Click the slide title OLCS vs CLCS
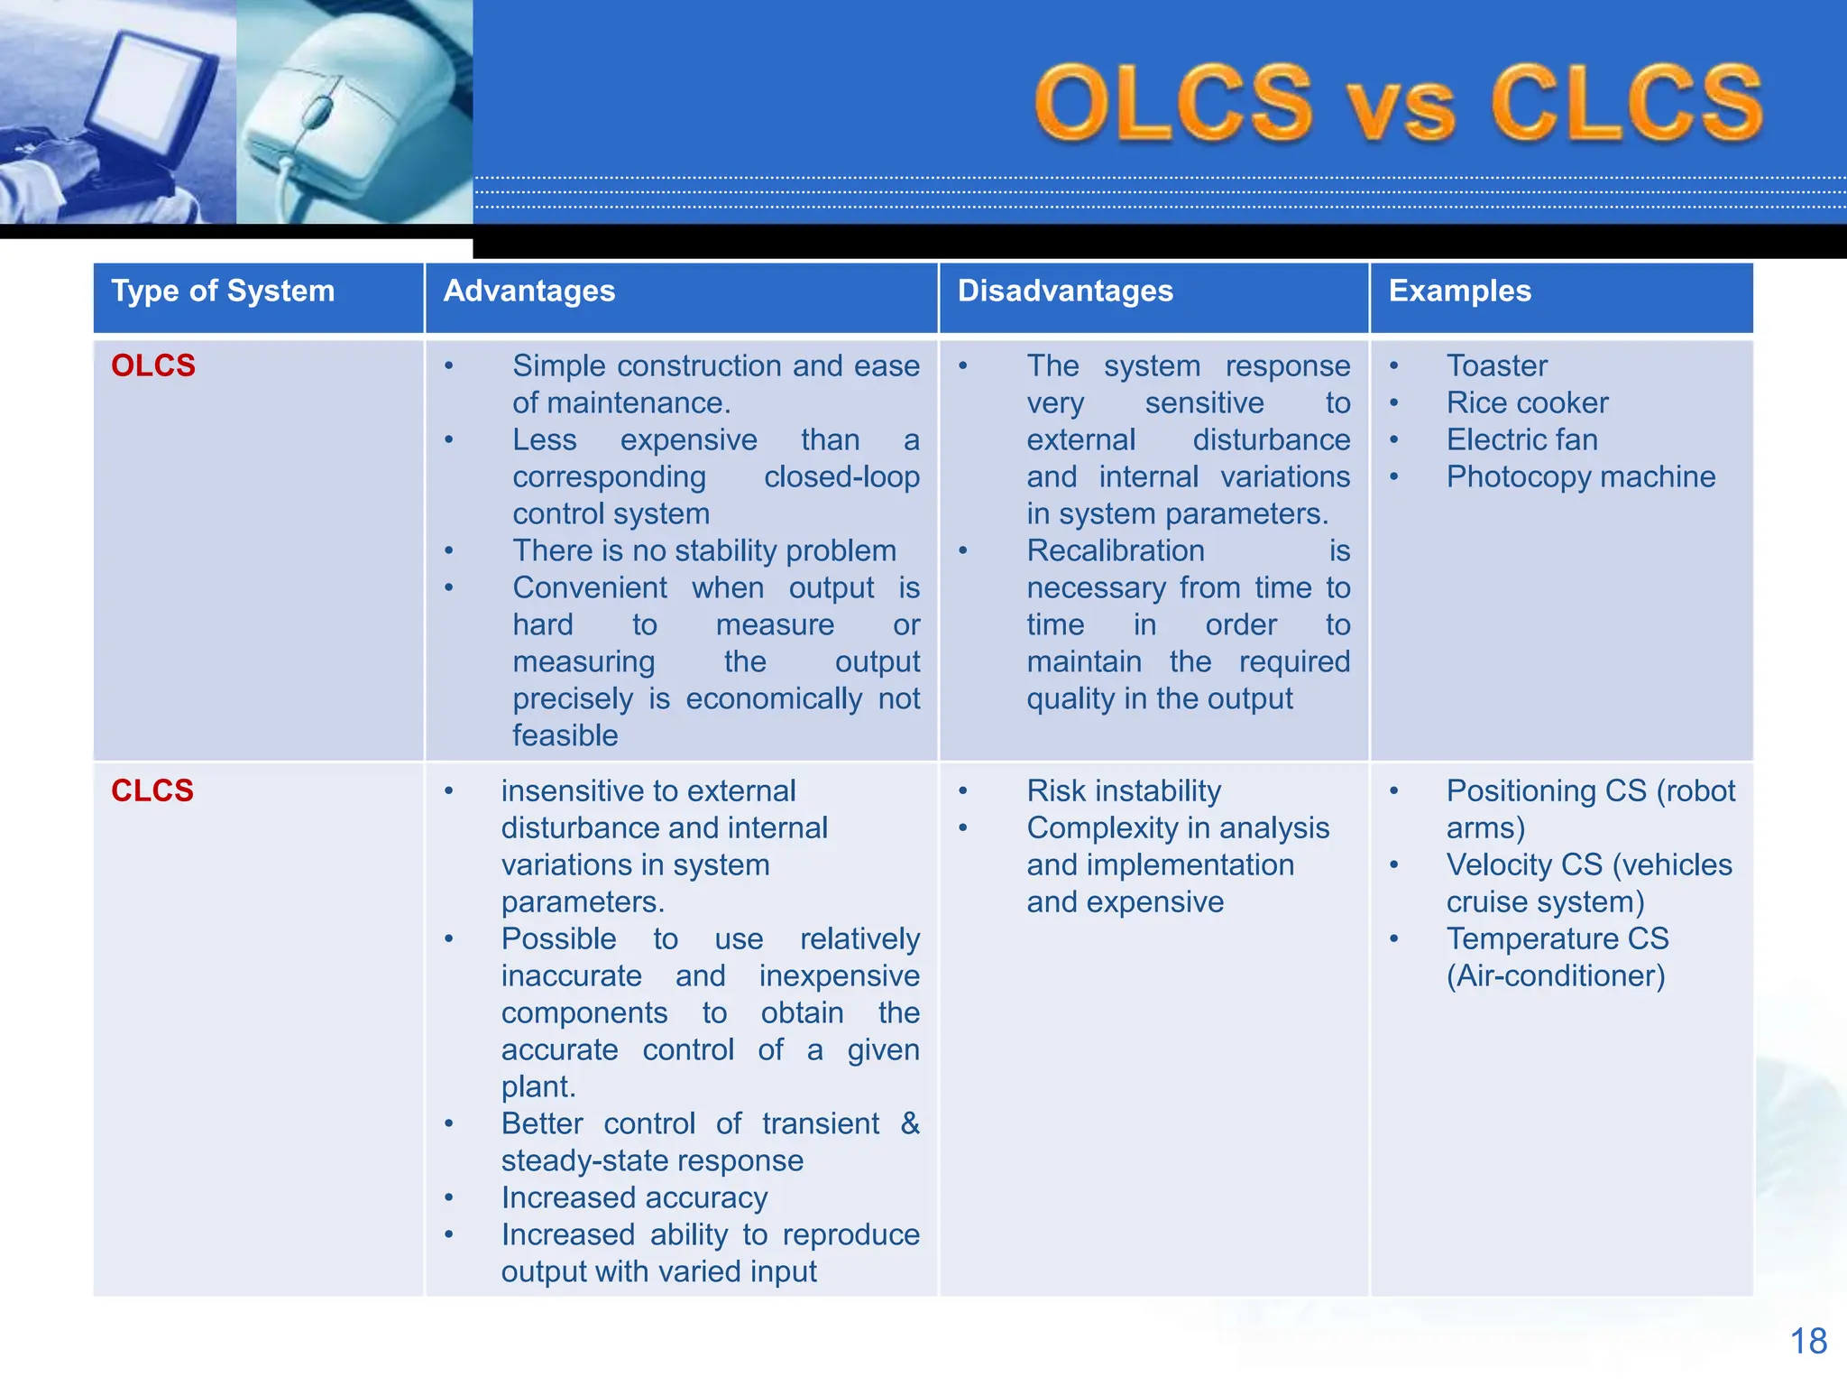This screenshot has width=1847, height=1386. pos(1398,104)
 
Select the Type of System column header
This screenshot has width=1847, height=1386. pos(223,291)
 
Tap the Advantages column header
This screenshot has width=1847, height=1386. pos(529,291)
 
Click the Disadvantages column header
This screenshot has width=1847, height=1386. pos(1065,291)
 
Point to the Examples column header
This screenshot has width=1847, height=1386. pos(1459,291)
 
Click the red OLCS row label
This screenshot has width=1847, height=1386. pos(153,365)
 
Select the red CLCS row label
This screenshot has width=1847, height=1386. pos(152,790)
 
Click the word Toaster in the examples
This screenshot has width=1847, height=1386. pos(1496,365)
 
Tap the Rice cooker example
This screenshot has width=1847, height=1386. pos(1527,402)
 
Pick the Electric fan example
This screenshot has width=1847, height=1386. pos(1521,439)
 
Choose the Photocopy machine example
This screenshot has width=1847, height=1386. pos(1580,476)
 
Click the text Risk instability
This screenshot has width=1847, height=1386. pos(1124,790)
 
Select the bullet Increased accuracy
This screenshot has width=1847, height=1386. pos(634,1197)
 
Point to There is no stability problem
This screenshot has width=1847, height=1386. pos(704,550)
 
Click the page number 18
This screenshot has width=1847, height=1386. pos(1808,1341)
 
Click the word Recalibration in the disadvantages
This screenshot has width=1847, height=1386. pos(1116,550)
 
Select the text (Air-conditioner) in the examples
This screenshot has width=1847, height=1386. pos(1556,975)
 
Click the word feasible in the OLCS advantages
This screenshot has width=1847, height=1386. pos(565,735)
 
